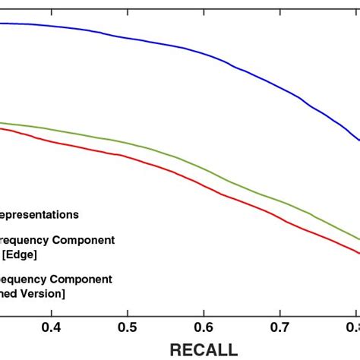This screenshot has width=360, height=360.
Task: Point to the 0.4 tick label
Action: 52,327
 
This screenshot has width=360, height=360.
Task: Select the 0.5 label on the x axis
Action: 128,327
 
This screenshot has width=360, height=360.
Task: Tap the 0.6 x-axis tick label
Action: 204,327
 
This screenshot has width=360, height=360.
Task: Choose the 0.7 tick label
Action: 280,327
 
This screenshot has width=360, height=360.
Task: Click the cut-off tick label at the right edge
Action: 352,327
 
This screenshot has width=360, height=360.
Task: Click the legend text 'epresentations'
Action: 39,215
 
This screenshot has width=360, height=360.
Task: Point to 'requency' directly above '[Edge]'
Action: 24,240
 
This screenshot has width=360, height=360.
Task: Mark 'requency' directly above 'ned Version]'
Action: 23,279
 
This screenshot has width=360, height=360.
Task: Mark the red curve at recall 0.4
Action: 52,141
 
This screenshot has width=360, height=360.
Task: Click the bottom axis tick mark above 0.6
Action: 204,311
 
